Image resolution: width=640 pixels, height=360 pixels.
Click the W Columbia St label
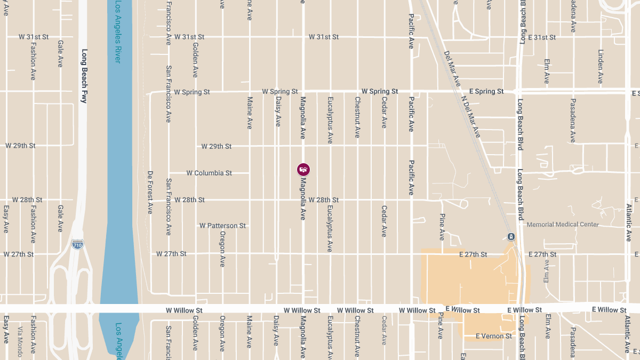[209, 173]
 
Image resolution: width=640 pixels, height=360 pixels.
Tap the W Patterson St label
[222, 226]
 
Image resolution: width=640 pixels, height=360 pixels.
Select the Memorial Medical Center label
[563, 225]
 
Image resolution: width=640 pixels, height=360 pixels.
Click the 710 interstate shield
[77, 244]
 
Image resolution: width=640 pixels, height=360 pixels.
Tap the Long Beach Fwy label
[84, 76]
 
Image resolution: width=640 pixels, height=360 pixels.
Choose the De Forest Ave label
[150, 193]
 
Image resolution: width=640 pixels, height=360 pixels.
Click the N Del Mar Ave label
[471, 117]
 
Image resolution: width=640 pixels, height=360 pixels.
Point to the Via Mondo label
[20, 341]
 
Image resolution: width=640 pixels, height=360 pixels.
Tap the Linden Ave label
[601, 67]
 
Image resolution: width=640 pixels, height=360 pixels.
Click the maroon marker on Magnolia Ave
[303, 170]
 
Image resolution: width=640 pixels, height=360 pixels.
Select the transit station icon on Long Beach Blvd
[511, 237]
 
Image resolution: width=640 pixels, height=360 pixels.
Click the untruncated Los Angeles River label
[117, 32]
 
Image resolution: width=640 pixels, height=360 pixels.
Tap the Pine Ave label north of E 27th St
[442, 227]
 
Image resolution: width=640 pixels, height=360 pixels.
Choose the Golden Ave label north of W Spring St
[195, 65]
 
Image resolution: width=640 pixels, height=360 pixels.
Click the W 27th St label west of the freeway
[19, 254]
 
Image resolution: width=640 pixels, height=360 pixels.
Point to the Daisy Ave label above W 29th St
[278, 111]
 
